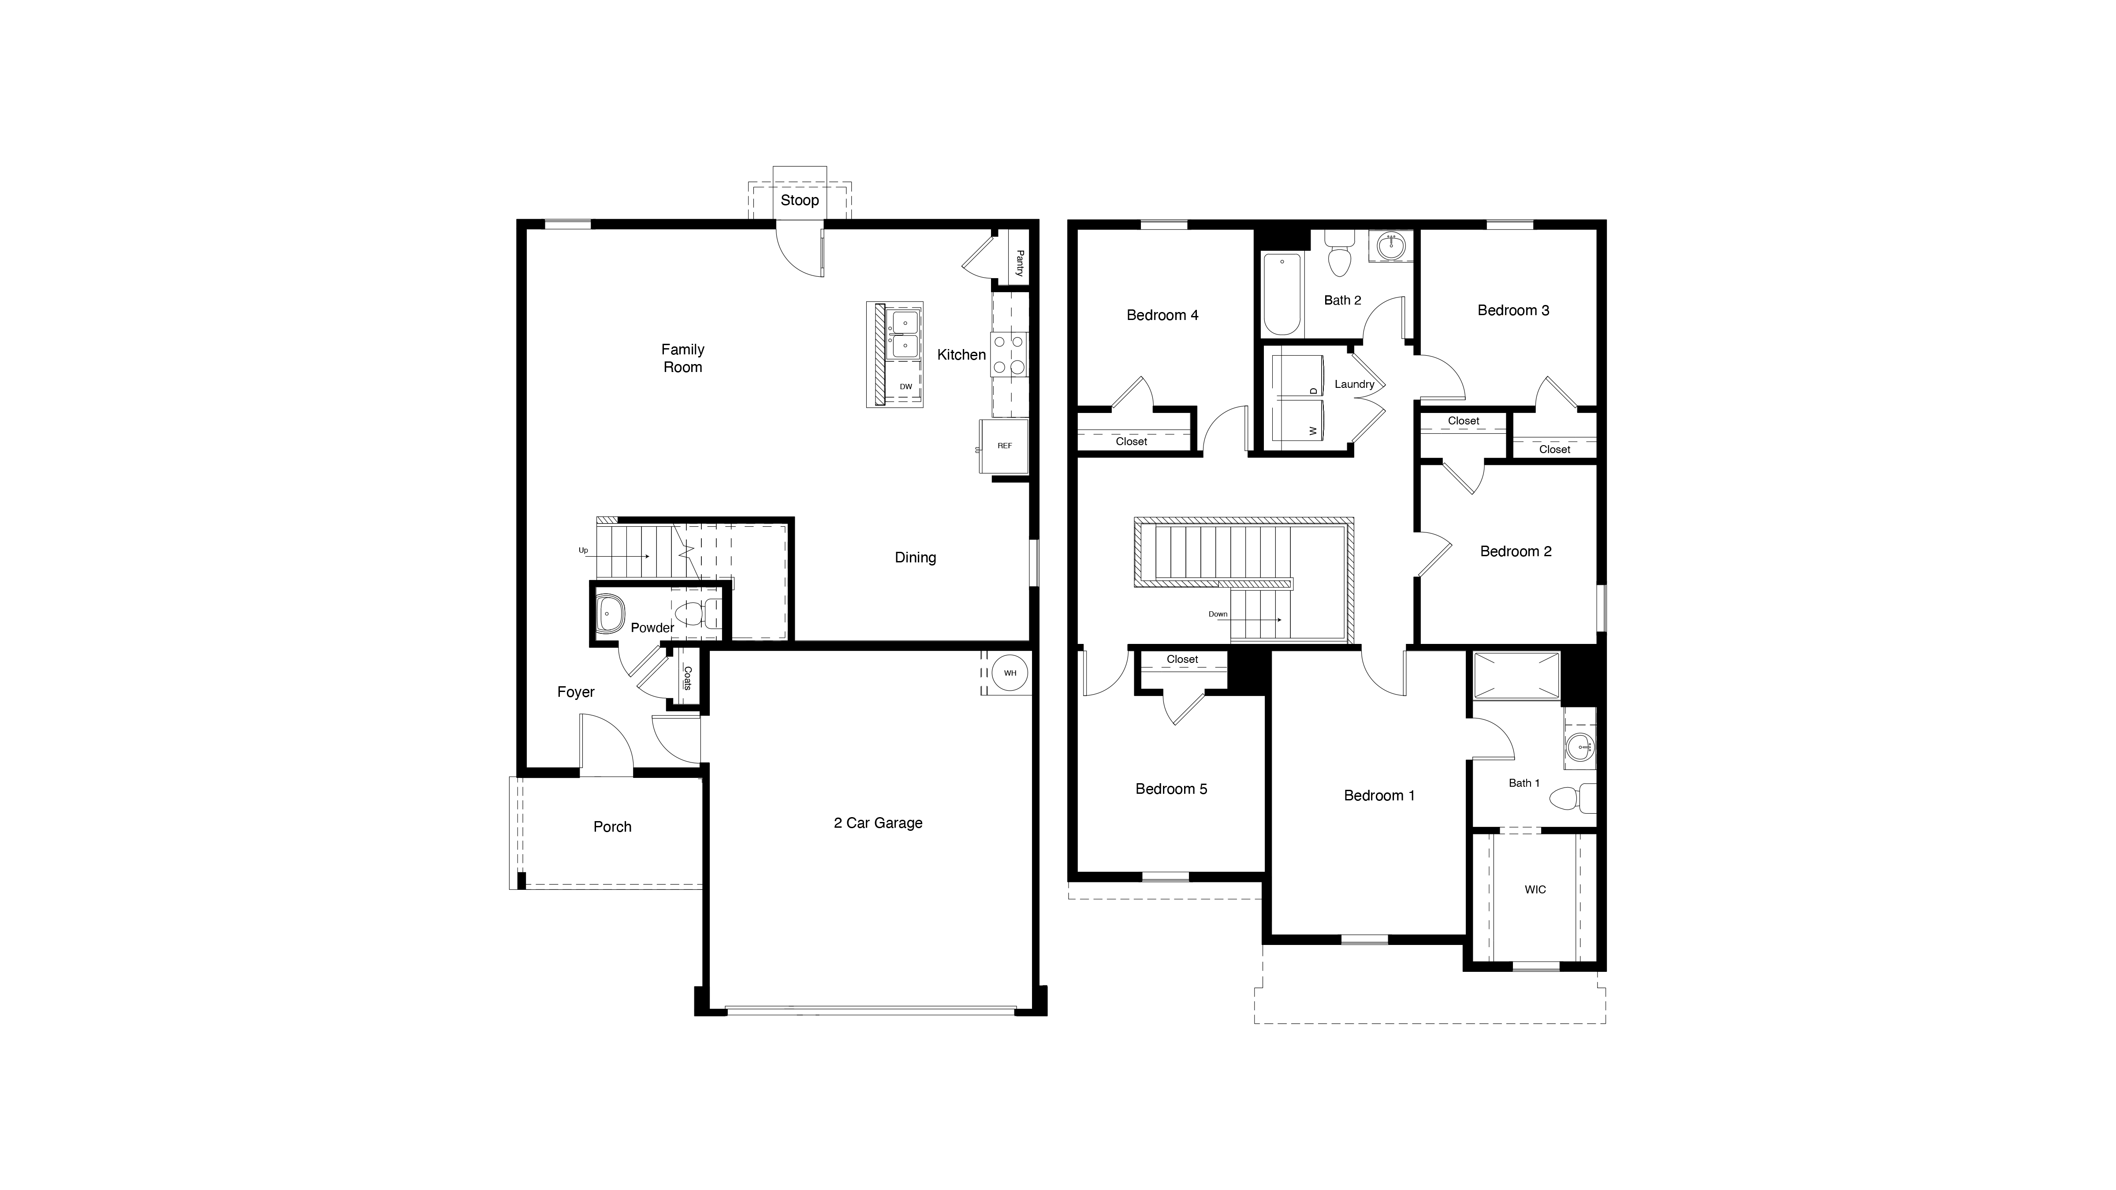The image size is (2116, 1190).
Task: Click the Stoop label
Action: tap(799, 201)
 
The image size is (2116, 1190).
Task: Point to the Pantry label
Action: tap(1019, 264)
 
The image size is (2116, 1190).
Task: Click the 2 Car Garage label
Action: tap(878, 823)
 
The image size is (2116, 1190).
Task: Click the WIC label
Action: tap(1535, 889)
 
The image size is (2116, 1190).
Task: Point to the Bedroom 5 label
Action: tap(1171, 789)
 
